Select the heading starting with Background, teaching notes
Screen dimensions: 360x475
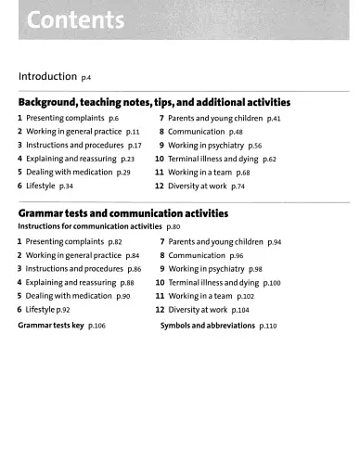154,102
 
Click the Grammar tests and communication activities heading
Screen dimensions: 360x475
122,213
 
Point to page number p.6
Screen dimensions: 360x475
113,120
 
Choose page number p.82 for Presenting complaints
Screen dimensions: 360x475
115,242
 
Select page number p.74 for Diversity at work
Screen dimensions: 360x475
238,186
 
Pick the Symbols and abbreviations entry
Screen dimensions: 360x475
209,327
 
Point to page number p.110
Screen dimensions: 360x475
269,327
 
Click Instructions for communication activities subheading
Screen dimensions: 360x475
89,227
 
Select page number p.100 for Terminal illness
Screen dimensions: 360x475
272,282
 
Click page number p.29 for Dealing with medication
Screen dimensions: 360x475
123,173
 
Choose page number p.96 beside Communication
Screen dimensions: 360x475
237,255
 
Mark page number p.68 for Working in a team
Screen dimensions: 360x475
243,173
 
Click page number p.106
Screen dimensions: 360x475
96,327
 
